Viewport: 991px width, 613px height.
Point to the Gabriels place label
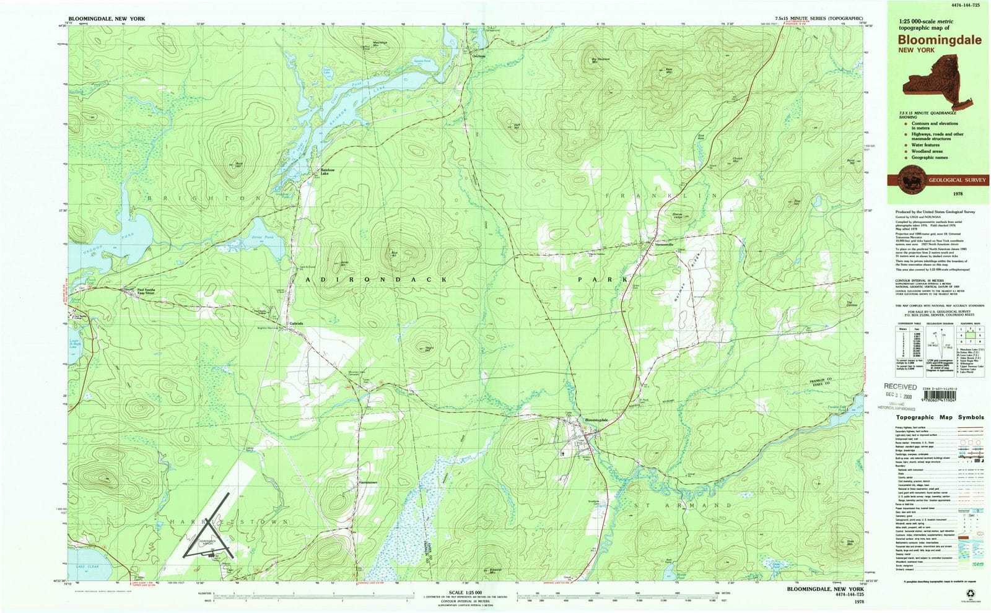(x=296, y=323)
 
